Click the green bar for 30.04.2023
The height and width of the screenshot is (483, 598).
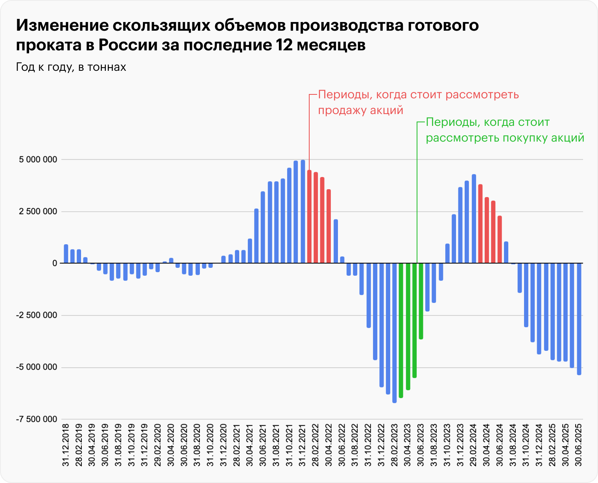click(x=408, y=326)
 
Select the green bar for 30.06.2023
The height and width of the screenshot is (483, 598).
click(x=421, y=301)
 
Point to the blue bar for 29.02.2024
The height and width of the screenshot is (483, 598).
click(x=474, y=219)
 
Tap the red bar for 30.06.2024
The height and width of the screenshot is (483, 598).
click(x=500, y=240)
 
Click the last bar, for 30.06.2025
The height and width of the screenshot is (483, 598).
click(x=579, y=319)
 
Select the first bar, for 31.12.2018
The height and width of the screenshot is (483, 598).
click(x=66, y=254)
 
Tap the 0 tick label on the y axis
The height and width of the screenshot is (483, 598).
click(x=55, y=264)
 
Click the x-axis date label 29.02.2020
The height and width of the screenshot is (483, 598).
click(x=158, y=445)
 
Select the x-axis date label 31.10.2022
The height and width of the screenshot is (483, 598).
click(x=368, y=445)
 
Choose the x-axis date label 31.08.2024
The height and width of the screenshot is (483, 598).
click(x=513, y=445)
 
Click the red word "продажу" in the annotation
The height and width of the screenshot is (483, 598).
click(x=341, y=111)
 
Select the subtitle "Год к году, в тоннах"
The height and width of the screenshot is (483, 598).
click(x=71, y=67)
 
